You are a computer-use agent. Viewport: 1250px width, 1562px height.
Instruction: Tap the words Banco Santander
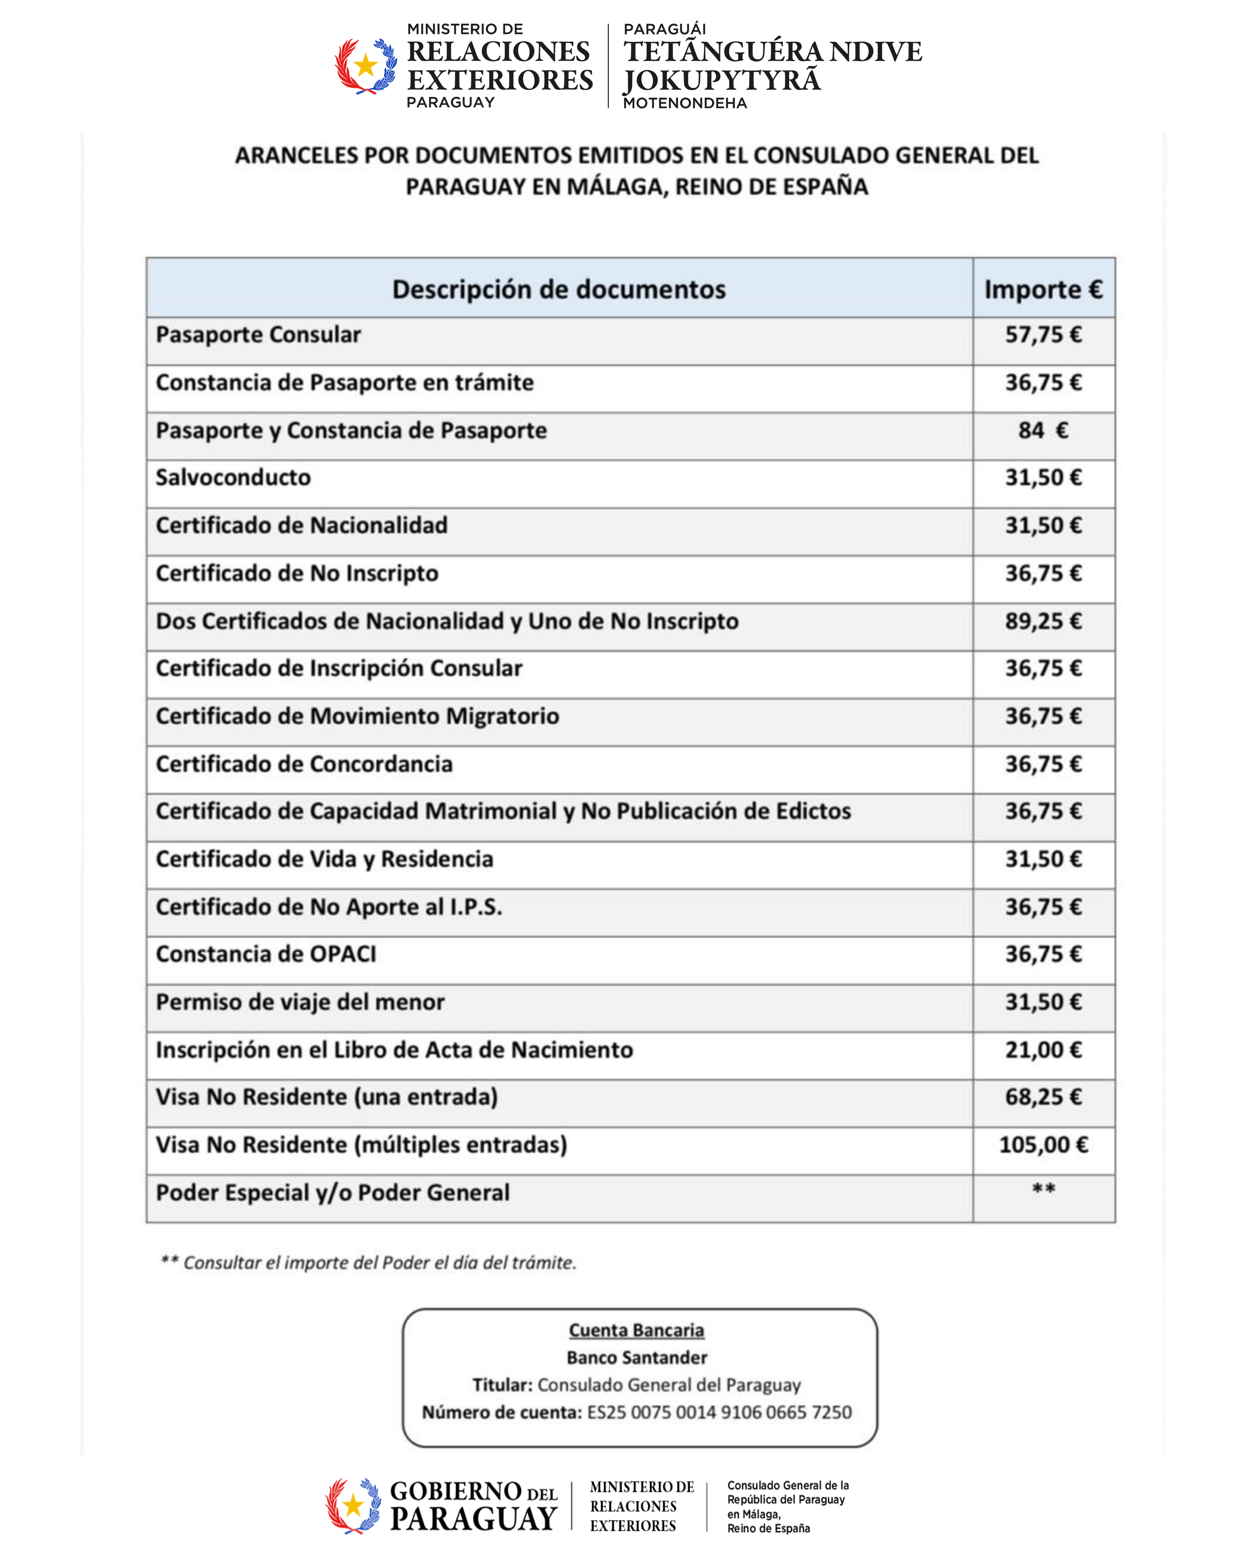click(636, 1358)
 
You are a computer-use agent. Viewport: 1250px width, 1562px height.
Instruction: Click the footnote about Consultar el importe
click(368, 1263)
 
